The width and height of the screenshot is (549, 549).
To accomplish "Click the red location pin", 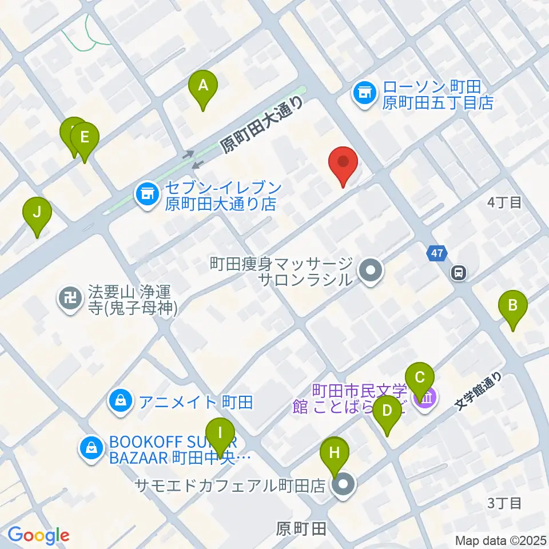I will tap(343, 162).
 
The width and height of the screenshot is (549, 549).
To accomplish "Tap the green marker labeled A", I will tap(203, 87).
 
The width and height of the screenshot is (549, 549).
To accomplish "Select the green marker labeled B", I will tap(513, 307).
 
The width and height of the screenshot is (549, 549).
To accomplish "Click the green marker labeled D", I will tap(388, 412).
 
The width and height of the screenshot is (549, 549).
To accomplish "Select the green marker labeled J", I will tap(37, 213).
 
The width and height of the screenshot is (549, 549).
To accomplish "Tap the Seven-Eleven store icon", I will tap(146, 194).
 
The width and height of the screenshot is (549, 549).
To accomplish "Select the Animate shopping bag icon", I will tap(121, 401).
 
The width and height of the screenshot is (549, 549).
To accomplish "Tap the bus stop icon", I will tap(459, 273).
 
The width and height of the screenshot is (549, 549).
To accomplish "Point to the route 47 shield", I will tap(436, 253).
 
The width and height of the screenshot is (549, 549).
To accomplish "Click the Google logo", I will tap(38, 534).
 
